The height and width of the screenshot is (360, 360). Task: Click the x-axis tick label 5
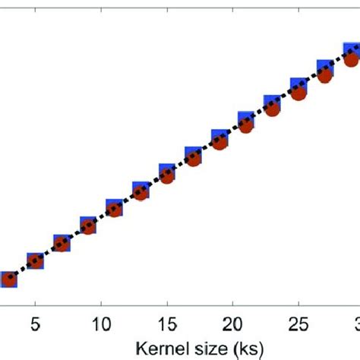click(35, 324)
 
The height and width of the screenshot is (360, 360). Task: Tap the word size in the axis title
click(203, 348)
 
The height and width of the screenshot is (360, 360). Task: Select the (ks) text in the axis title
click(245, 348)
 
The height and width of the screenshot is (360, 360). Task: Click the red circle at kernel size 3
click(9, 280)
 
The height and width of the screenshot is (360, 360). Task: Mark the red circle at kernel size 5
click(35, 263)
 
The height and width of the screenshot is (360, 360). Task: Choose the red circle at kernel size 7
click(62, 245)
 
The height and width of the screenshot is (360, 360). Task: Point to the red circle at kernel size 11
click(115, 209)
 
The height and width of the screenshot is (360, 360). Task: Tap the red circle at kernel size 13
click(141, 193)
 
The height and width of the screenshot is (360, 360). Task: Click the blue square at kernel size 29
click(351, 52)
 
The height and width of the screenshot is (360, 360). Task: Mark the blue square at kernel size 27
click(324, 68)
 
